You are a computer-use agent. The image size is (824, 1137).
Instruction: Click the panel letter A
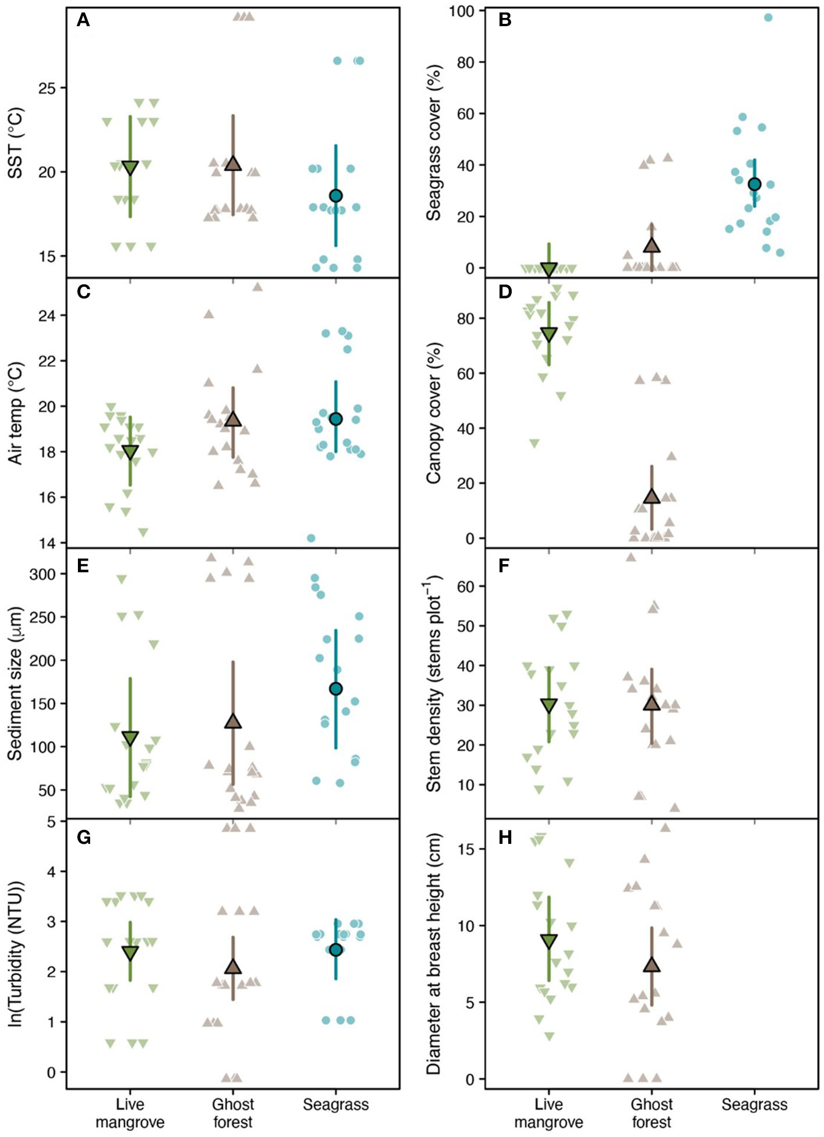83,21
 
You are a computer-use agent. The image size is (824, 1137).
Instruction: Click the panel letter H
505,837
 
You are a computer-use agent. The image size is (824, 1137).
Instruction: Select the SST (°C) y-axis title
16,142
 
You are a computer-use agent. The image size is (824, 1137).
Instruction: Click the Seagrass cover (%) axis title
434,142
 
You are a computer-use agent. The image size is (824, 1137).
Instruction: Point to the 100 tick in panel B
461,11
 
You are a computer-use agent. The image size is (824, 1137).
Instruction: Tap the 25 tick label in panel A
47,88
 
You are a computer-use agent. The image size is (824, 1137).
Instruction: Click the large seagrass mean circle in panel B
754,184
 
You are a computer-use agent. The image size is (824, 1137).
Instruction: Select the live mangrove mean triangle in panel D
548,334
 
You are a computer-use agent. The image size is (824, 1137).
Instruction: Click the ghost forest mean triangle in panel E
233,722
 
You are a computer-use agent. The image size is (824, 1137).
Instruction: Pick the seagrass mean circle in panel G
336,950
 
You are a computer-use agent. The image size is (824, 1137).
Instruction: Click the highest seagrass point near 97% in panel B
768,17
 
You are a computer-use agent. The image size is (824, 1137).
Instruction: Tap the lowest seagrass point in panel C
311,538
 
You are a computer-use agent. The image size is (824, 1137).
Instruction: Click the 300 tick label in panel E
42,575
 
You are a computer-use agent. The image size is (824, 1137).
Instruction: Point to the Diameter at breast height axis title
434,954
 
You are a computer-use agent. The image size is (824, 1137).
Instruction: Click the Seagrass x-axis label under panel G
336,1105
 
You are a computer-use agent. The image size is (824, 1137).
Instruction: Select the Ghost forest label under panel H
651,1113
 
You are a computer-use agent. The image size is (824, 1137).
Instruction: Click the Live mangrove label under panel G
130,1113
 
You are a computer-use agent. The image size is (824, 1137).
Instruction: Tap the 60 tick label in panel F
465,587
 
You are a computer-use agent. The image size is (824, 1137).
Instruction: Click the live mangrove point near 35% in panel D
534,443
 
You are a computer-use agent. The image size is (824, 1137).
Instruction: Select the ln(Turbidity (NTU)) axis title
16,954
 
